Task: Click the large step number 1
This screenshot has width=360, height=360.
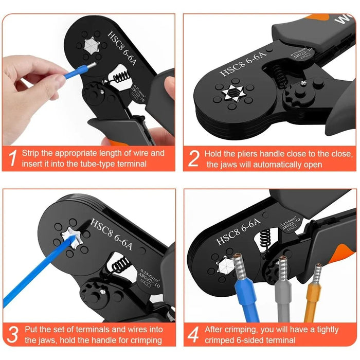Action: tap(12, 158)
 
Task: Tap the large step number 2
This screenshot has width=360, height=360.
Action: tap(193, 158)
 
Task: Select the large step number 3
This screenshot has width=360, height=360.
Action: tap(13, 334)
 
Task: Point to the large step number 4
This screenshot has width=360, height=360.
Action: tap(193, 334)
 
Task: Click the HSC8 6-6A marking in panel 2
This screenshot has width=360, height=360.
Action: tap(245, 65)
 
